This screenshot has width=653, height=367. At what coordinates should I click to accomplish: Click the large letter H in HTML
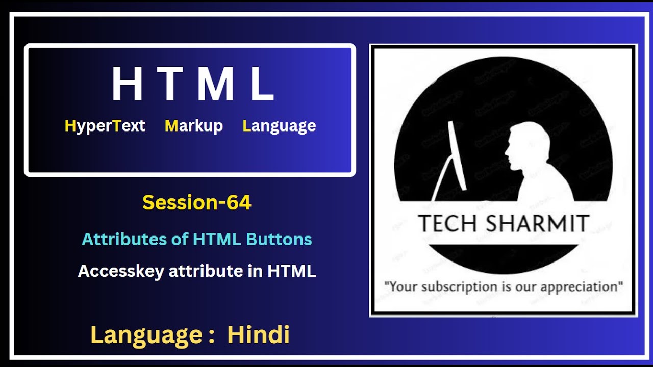[127, 84]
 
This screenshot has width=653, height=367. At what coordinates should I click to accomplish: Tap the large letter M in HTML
[215, 84]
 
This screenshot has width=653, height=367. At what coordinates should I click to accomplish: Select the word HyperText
[105, 126]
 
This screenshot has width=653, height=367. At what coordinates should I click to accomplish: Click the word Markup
[194, 126]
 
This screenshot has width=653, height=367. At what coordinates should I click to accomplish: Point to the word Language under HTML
[279, 126]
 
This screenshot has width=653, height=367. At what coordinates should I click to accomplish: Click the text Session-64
[197, 203]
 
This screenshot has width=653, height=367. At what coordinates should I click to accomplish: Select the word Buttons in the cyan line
[279, 239]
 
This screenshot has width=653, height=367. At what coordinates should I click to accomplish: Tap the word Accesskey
[121, 271]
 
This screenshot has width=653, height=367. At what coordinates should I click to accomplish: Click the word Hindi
[259, 335]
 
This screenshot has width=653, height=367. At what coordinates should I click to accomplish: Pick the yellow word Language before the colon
[146, 335]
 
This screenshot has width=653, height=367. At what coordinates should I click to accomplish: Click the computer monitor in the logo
[457, 155]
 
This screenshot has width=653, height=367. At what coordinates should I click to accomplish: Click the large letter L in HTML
[262, 84]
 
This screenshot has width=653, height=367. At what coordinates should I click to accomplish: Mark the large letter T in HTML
[170, 84]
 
